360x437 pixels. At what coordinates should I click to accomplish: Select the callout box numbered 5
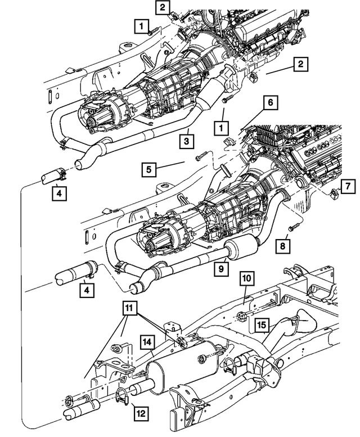pos(148,168)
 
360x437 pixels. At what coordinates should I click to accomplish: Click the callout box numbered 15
pos(261,325)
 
